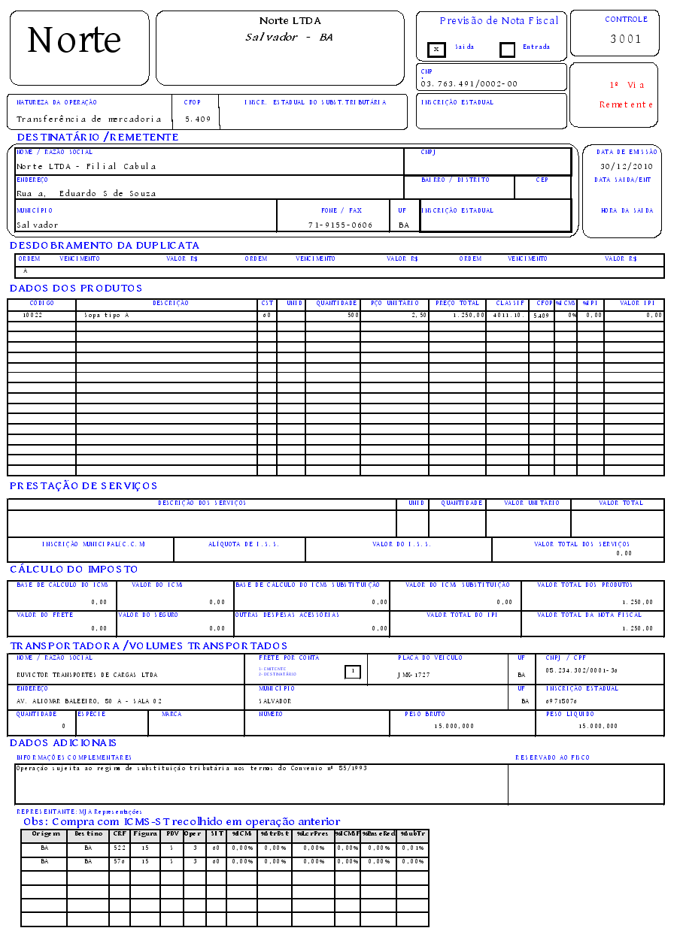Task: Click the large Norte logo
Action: click(x=74, y=40)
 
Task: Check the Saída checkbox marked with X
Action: click(x=436, y=50)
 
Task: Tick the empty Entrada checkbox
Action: click(x=508, y=50)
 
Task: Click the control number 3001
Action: click(x=626, y=39)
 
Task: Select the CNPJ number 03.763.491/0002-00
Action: click(x=469, y=84)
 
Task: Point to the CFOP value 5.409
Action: click(x=197, y=119)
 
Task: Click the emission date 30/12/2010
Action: click(x=627, y=166)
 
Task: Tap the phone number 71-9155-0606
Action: click(x=340, y=225)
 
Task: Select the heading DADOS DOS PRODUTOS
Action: click(x=76, y=288)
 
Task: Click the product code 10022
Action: click(x=32, y=316)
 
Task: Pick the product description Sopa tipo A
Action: click(x=107, y=316)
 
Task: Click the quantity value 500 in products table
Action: click(x=352, y=316)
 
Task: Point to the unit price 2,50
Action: click(x=419, y=316)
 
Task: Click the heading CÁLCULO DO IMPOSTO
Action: click(x=74, y=569)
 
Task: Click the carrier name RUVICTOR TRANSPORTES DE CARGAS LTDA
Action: click(x=87, y=675)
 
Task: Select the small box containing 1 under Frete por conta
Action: click(x=352, y=672)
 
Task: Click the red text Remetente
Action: click(x=626, y=104)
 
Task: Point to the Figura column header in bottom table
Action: click(x=145, y=833)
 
